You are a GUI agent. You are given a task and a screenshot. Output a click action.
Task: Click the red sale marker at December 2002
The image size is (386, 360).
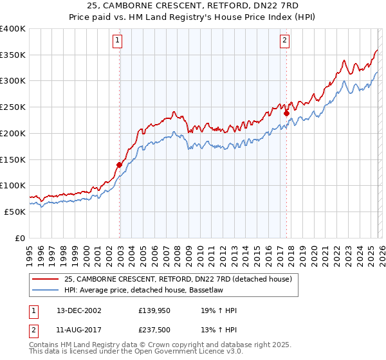pyautogui.click(x=119, y=165)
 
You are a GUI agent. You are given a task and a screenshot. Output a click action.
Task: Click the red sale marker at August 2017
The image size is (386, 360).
pyautogui.click(x=286, y=114)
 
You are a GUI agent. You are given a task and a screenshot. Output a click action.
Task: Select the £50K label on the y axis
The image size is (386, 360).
pyautogui.click(x=15, y=212)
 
